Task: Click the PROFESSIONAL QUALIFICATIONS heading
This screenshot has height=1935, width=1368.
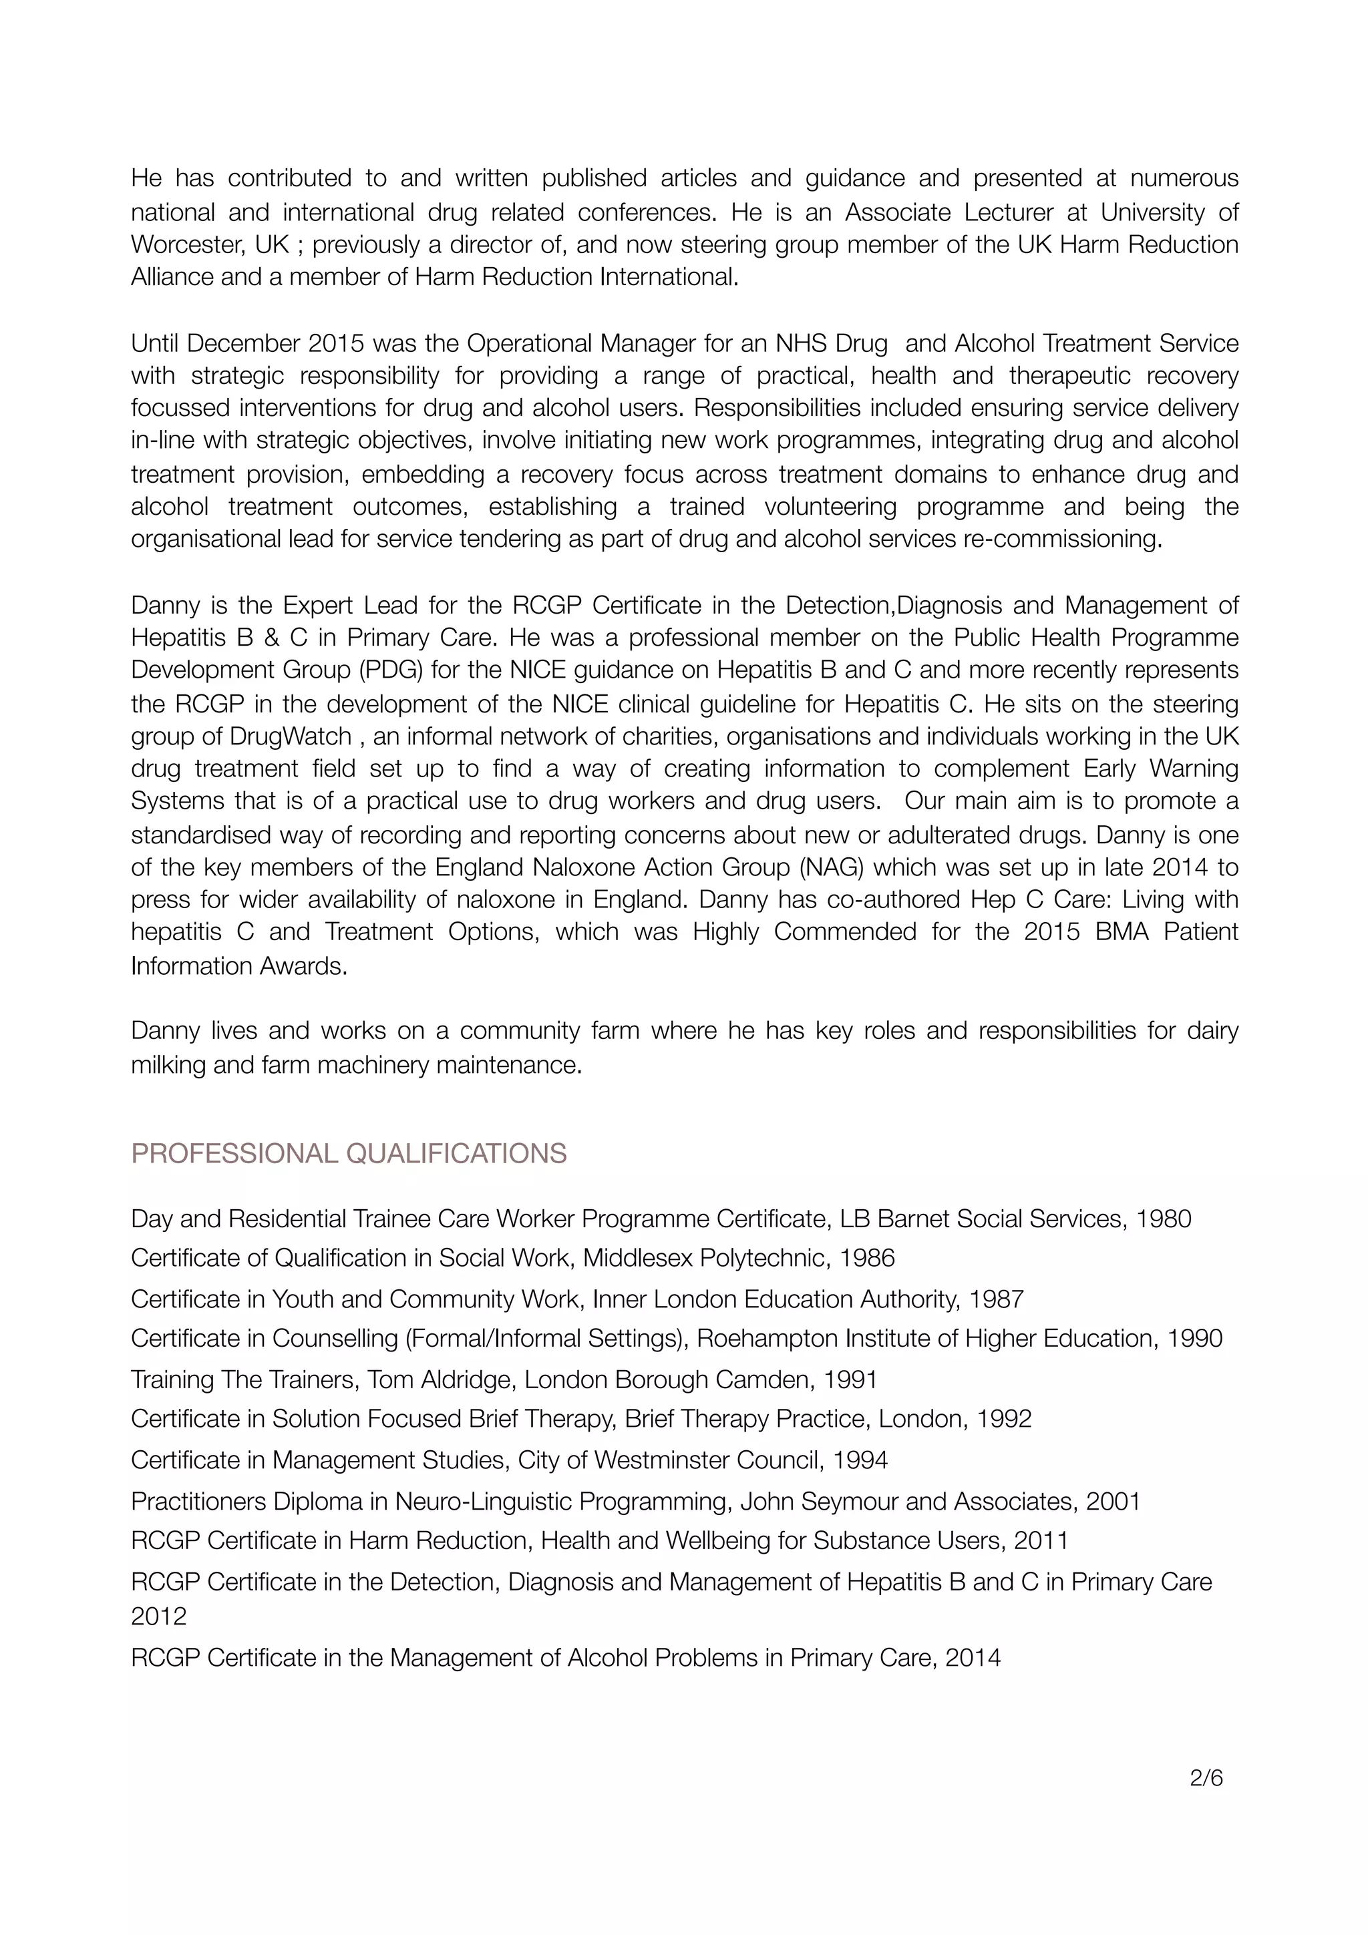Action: tap(348, 1153)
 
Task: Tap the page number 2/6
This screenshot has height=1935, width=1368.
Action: tap(1206, 1777)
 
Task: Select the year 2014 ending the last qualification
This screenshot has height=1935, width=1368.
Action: tap(973, 1658)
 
